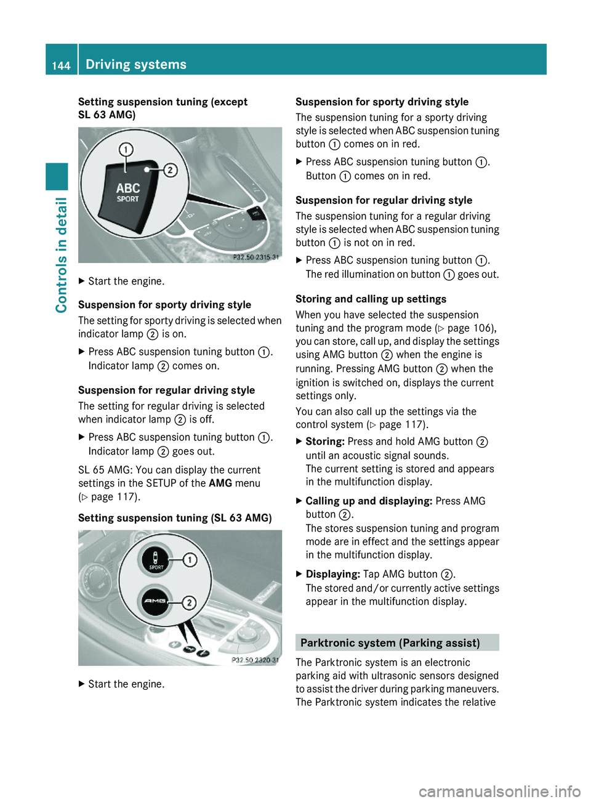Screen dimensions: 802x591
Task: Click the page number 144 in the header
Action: pyautogui.click(x=61, y=65)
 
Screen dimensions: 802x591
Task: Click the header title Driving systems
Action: pyautogui.click(x=135, y=64)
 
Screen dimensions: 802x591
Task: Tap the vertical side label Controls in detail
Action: pyautogui.click(x=61, y=254)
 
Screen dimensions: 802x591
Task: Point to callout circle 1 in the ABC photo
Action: pyautogui.click(x=126, y=149)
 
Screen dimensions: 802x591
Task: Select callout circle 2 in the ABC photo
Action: pyautogui.click(x=170, y=170)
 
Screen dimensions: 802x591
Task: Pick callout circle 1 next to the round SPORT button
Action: pyautogui.click(x=190, y=559)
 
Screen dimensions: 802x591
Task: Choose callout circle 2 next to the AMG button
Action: pyautogui.click(x=189, y=602)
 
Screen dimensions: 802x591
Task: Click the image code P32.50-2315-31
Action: pyautogui.click(x=255, y=257)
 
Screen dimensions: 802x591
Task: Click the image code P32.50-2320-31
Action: pyautogui.click(x=255, y=660)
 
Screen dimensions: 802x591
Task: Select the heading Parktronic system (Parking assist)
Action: pyautogui.click(x=390, y=642)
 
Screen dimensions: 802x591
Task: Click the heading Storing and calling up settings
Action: pyautogui.click(x=371, y=299)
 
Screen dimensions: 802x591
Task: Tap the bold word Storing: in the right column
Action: pyautogui.click(x=325, y=441)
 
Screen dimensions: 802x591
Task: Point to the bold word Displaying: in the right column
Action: pyautogui.click(x=332, y=573)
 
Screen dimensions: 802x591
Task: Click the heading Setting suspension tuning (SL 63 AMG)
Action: pyautogui.click(x=175, y=518)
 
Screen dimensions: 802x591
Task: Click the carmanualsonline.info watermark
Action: pyautogui.click(x=499, y=791)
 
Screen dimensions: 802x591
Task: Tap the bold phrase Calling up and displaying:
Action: pyautogui.click(x=369, y=501)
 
